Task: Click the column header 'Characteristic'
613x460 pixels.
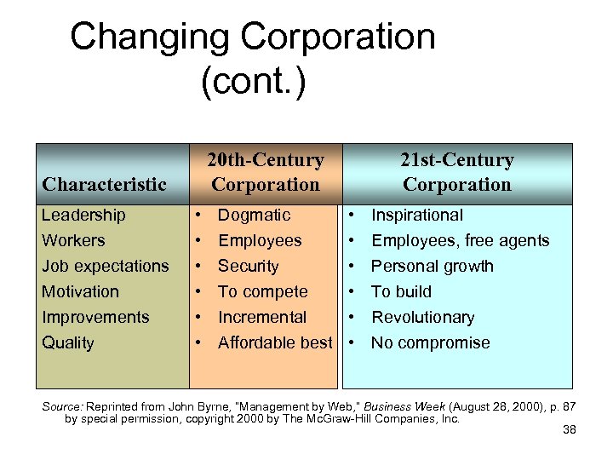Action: (104, 184)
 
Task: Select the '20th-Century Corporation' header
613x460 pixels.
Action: (266, 172)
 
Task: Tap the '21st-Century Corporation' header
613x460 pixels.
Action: (457, 172)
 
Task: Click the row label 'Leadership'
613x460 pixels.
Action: (83, 216)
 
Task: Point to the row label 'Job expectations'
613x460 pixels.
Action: (105, 267)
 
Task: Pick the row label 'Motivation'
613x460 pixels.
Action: (81, 292)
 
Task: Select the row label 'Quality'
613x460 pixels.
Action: (67, 343)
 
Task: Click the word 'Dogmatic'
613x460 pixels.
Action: (254, 216)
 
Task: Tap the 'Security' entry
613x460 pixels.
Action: (248, 267)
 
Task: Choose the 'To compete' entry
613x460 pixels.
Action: (262, 292)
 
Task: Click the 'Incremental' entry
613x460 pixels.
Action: (262, 318)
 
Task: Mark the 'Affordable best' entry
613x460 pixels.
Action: (275, 343)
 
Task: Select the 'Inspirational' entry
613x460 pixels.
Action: (417, 216)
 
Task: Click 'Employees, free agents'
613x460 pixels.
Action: (461, 241)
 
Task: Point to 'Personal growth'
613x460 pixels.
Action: (433, 267)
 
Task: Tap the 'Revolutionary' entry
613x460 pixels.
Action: (423, 318)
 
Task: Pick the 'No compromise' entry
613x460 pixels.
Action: (431, 343)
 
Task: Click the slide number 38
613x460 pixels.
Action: (570, 430)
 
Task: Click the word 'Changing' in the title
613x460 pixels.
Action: (150, 38)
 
